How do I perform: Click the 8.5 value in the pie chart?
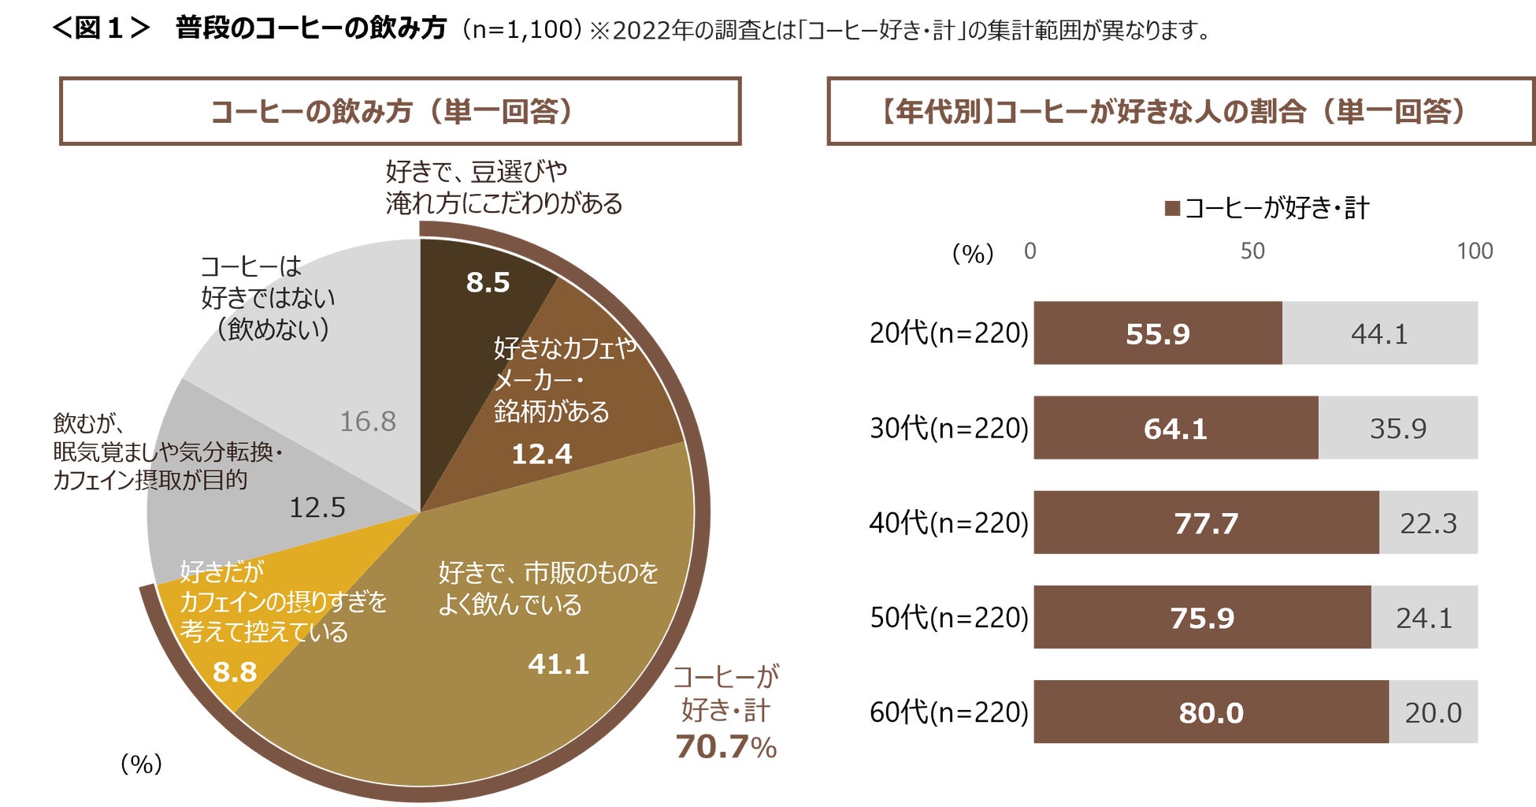488,282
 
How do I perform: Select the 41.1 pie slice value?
558,664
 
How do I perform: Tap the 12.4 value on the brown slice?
542,454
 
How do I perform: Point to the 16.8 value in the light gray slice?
368,422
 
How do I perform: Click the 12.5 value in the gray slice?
317,508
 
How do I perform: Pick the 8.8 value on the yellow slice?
235,672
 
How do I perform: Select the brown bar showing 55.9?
1157,333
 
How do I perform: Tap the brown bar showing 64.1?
1175,429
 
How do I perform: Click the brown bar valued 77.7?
1206,523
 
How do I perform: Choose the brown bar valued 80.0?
1211,712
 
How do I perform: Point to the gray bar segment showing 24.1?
1424,618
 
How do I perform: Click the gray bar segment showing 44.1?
1379,333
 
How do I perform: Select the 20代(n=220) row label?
948,333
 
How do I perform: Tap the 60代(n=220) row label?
948,712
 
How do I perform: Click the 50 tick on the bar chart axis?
1252,251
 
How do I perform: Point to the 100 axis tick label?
1475,251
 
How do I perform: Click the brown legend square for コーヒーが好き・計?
1172,208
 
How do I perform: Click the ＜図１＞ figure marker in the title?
101,29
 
